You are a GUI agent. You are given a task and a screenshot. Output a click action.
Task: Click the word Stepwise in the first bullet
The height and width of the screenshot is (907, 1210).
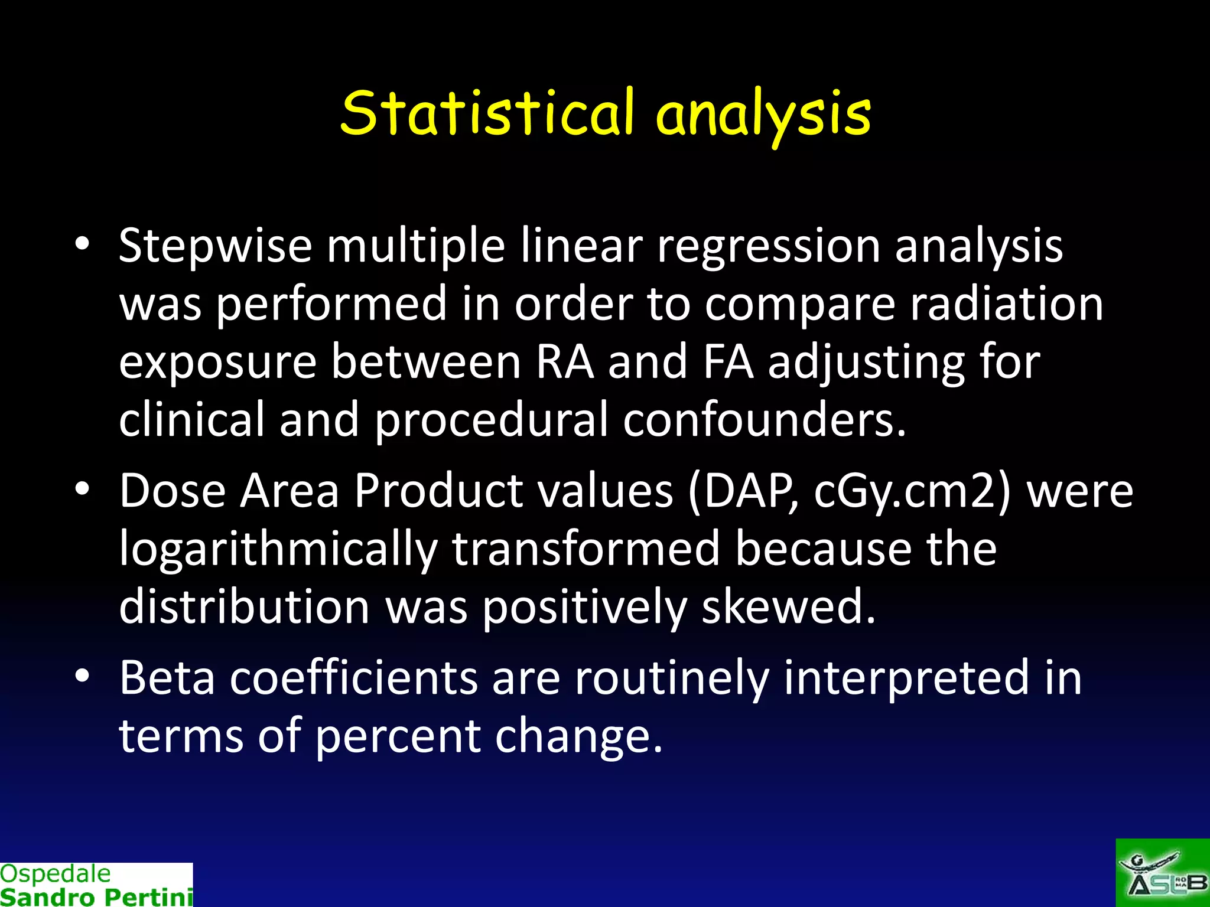(x=215, y=246)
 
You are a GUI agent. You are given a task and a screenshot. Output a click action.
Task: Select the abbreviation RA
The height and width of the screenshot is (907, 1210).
(x=564, y=362)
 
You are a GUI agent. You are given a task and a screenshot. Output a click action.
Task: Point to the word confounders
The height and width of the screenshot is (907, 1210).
(x=764, y=420)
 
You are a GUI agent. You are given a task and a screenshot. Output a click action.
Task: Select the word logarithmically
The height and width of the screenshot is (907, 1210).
(x=278, y=549)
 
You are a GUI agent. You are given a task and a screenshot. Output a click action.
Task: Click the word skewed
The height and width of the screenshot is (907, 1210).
(x=788, y=607)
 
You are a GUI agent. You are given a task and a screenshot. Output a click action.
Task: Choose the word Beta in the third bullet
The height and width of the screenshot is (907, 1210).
(x=167, y=678)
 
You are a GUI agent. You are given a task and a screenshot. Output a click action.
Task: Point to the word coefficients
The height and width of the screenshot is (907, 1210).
(x=353, y=678)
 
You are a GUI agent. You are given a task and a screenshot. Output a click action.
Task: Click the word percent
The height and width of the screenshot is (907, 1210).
(x=398, y=736)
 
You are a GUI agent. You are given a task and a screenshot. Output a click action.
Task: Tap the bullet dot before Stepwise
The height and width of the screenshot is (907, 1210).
(x=82, y=243)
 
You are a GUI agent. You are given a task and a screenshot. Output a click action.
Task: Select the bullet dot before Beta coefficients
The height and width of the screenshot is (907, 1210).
(x=82, y=676)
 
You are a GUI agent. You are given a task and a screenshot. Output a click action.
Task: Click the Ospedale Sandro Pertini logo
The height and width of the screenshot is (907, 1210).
(x=96, y=885)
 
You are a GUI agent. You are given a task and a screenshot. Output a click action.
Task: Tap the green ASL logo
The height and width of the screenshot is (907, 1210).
(x=1162, y=873)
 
